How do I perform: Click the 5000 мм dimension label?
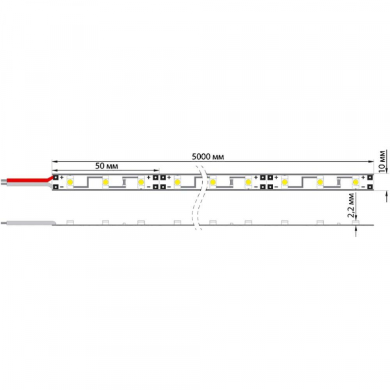[x=208, y=157]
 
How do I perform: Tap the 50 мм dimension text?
[x=107, y=166]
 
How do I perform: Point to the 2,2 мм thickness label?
[x=351, y=205]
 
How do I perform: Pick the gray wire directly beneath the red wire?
[x=27, y=185]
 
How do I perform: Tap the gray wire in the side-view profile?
[x=27, y=223]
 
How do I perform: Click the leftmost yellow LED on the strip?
[x=70, y=182]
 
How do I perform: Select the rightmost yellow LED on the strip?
[x=356, y=182]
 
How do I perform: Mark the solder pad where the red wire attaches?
[x=56, y=177]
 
